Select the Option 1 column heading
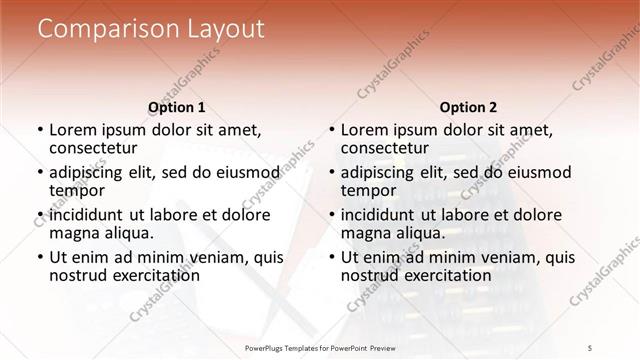[176, 107]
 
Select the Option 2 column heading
[468, 107]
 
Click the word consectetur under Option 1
[99, 148]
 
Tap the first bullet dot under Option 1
[39, 130]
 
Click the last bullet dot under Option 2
[331, 258]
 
